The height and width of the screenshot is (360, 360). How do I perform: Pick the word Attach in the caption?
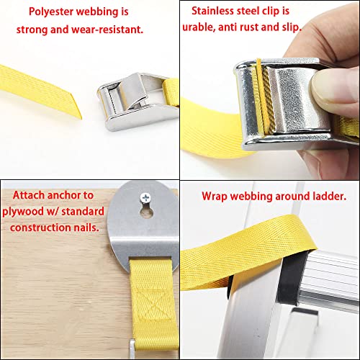[27, 195]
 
